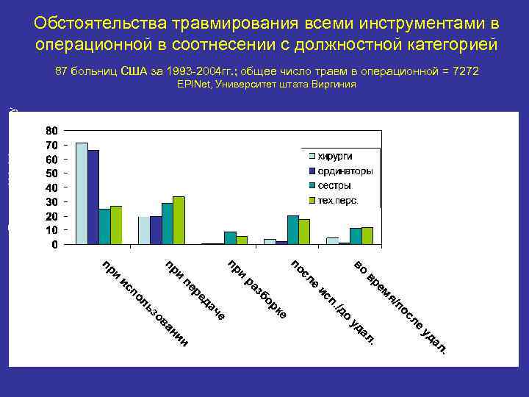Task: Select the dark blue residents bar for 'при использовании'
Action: click(x=93, y=196)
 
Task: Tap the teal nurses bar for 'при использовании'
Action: click(x=104, y=226)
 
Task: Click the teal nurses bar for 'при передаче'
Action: click(x=168, y=223)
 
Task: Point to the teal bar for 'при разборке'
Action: click(x=230, y=237)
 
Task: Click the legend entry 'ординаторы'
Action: click(x=344, y=171)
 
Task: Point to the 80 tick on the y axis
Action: click(x=51, y=131)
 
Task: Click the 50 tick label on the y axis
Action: click(x=51, y=174)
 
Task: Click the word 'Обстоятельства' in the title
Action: click(x=95, y=24)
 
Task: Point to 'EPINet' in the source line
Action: click(x=192, y=85)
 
